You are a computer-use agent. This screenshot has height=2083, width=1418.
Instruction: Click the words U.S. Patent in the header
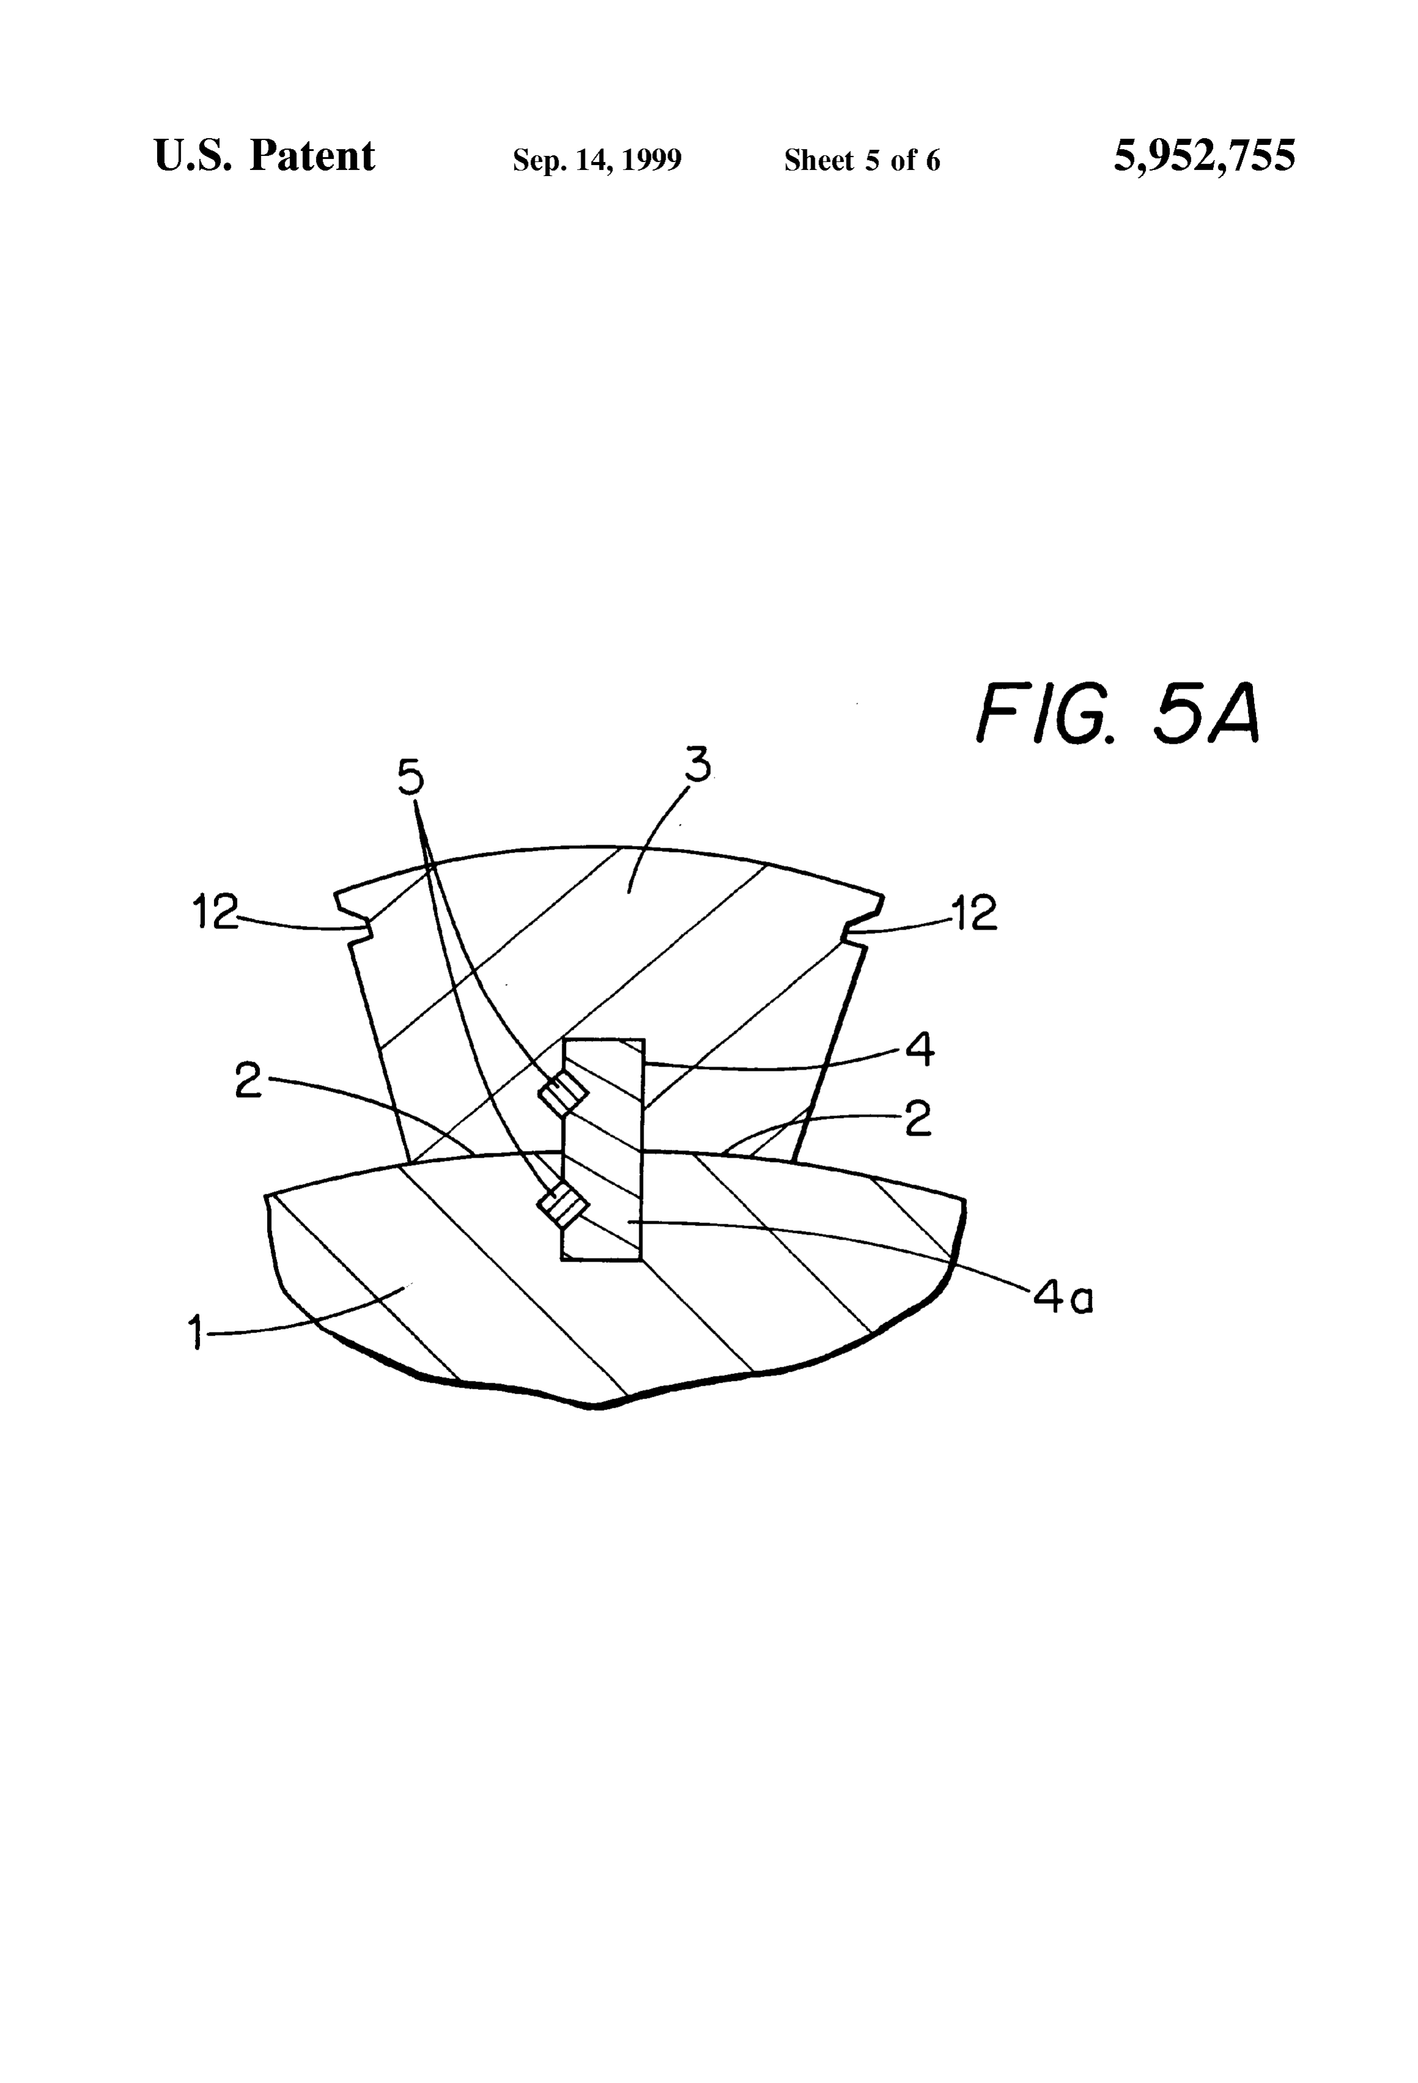click(x=265, y=156)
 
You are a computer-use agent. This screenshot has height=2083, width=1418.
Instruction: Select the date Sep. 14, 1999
click(x=597, y=160)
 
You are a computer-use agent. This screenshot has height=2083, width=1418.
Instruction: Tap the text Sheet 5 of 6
click(x=862, y=160)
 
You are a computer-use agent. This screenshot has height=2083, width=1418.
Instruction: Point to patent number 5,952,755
click(x=1204, y=156)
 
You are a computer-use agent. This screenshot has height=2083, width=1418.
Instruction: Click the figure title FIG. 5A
click(x=1119, y=713)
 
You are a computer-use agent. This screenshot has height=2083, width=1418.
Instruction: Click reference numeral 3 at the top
click(x=697, y=765)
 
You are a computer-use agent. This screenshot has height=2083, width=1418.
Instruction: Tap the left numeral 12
click(x=216, y=913)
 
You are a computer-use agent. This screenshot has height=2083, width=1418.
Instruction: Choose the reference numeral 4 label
click(x=920, y=1049)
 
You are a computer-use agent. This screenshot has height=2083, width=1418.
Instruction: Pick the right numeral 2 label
click(x=917, y=1120)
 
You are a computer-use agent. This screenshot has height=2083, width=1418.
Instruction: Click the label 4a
click(x=1063, y=1296)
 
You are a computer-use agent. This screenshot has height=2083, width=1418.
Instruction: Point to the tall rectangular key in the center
click(x=602, y=1150)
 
